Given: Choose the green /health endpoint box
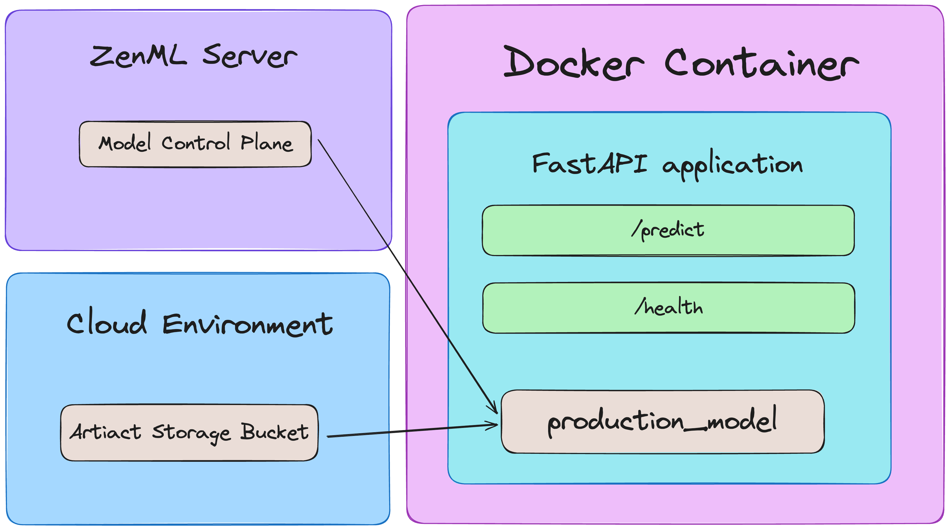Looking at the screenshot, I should point(669,308).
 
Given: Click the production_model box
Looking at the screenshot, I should point(662,422).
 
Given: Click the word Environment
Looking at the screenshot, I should point(248,324).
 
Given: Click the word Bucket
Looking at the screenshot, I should point(274,432).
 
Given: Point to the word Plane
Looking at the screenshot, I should point(267,143).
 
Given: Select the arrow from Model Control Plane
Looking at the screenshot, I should point(405,272).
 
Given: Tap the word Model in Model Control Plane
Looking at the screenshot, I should point(125,143).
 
